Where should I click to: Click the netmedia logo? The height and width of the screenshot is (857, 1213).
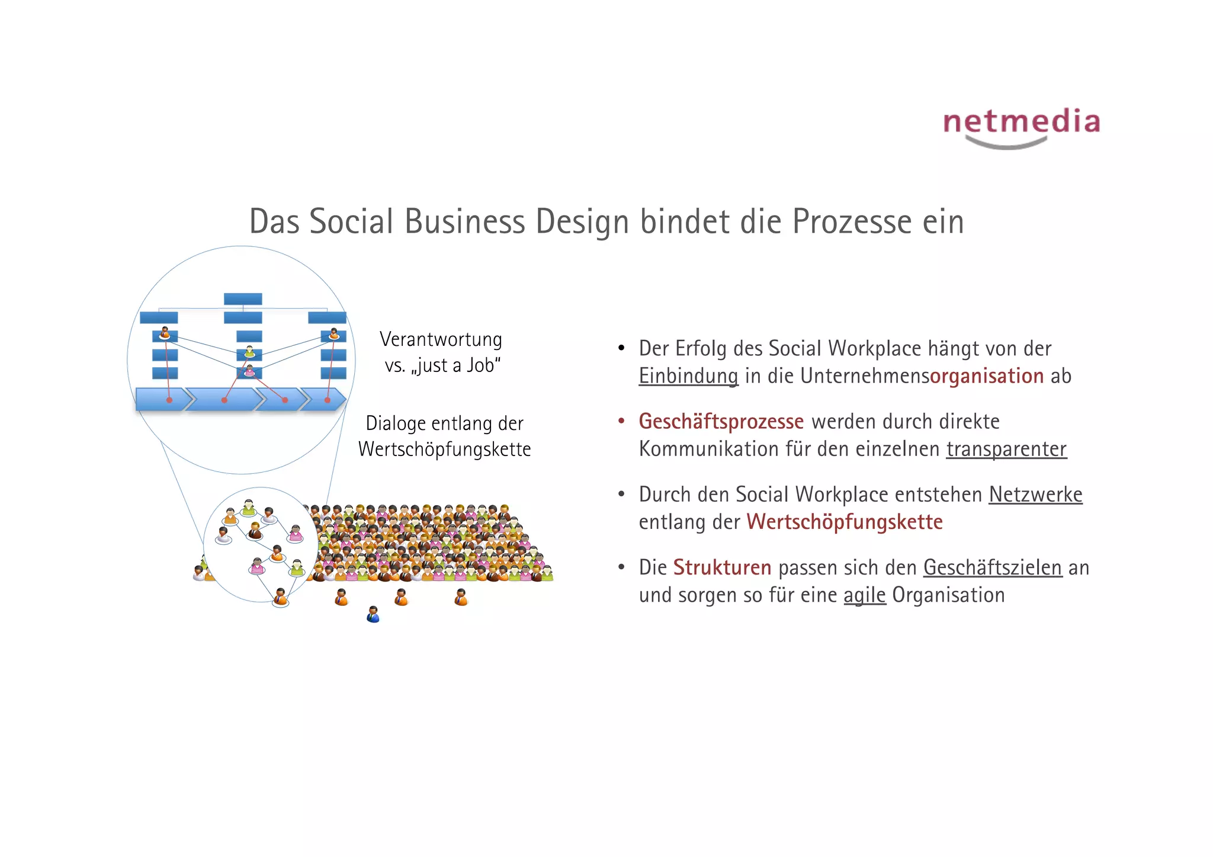[x=1021, y=126]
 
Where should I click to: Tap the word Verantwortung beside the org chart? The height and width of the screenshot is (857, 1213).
[x=441, y=339]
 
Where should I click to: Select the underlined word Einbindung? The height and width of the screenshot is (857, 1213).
[x=688, y=377]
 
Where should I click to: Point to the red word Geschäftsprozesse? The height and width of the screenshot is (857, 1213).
[x=721, y=422]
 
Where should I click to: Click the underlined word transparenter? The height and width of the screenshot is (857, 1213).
[x=1006, y=450]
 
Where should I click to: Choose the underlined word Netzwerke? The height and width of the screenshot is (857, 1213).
[x=1035, y=495]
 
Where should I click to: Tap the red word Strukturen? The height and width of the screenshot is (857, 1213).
[x=722, y=568]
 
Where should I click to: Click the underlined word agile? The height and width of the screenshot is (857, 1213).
[x=864, y=595]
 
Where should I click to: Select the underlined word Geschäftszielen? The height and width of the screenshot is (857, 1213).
[x=993, y=568]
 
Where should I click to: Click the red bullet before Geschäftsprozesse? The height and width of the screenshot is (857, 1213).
[x=621, y=421]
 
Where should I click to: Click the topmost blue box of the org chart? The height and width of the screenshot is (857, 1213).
[x=243, y=299]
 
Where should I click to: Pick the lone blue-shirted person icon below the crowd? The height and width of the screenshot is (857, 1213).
[x=373, y=614]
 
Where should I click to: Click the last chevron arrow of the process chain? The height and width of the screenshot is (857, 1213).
[x=323, y=400]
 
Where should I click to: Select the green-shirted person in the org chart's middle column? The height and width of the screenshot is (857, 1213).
[x=249, y=352]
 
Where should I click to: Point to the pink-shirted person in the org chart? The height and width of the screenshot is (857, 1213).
[x=249, y=371]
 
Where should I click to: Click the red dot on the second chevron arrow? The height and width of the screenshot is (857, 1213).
[x=224, y=400]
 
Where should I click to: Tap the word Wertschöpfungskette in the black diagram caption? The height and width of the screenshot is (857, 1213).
[x=444, y=450]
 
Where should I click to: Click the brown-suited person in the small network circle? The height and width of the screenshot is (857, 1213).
[x=255, y=531]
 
